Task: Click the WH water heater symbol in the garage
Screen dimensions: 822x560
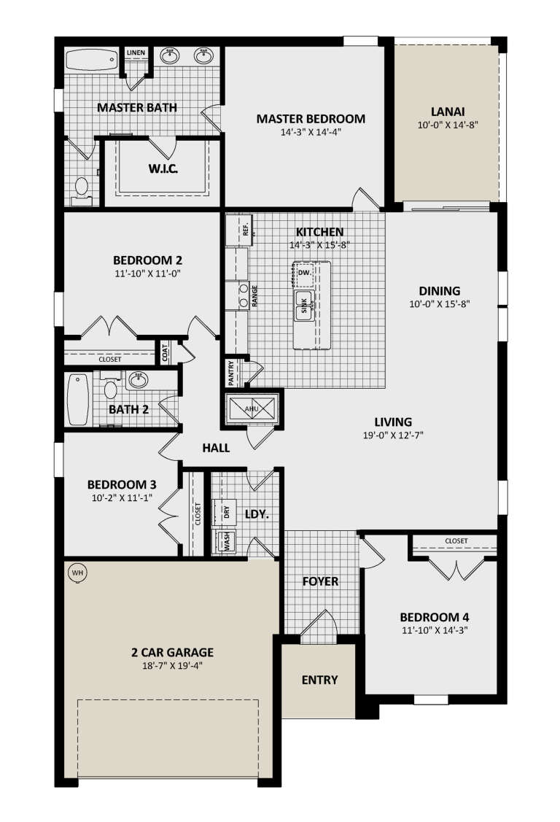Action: coord(77,573)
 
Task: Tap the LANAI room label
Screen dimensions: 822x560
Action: coord(448,112)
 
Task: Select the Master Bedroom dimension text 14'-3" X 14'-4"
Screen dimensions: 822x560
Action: coord(311,133)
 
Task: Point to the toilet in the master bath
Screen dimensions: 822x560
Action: coord(81,189)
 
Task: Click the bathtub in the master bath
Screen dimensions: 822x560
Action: coord(92,59)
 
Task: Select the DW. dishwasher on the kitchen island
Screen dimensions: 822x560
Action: coord(305,273)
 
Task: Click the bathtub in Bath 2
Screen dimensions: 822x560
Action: coord(77,399)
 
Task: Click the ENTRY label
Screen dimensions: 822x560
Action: coord(319,680)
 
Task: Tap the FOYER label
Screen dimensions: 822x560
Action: coord(320,581)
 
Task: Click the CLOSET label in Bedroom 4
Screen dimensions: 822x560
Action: coord(456,540)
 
